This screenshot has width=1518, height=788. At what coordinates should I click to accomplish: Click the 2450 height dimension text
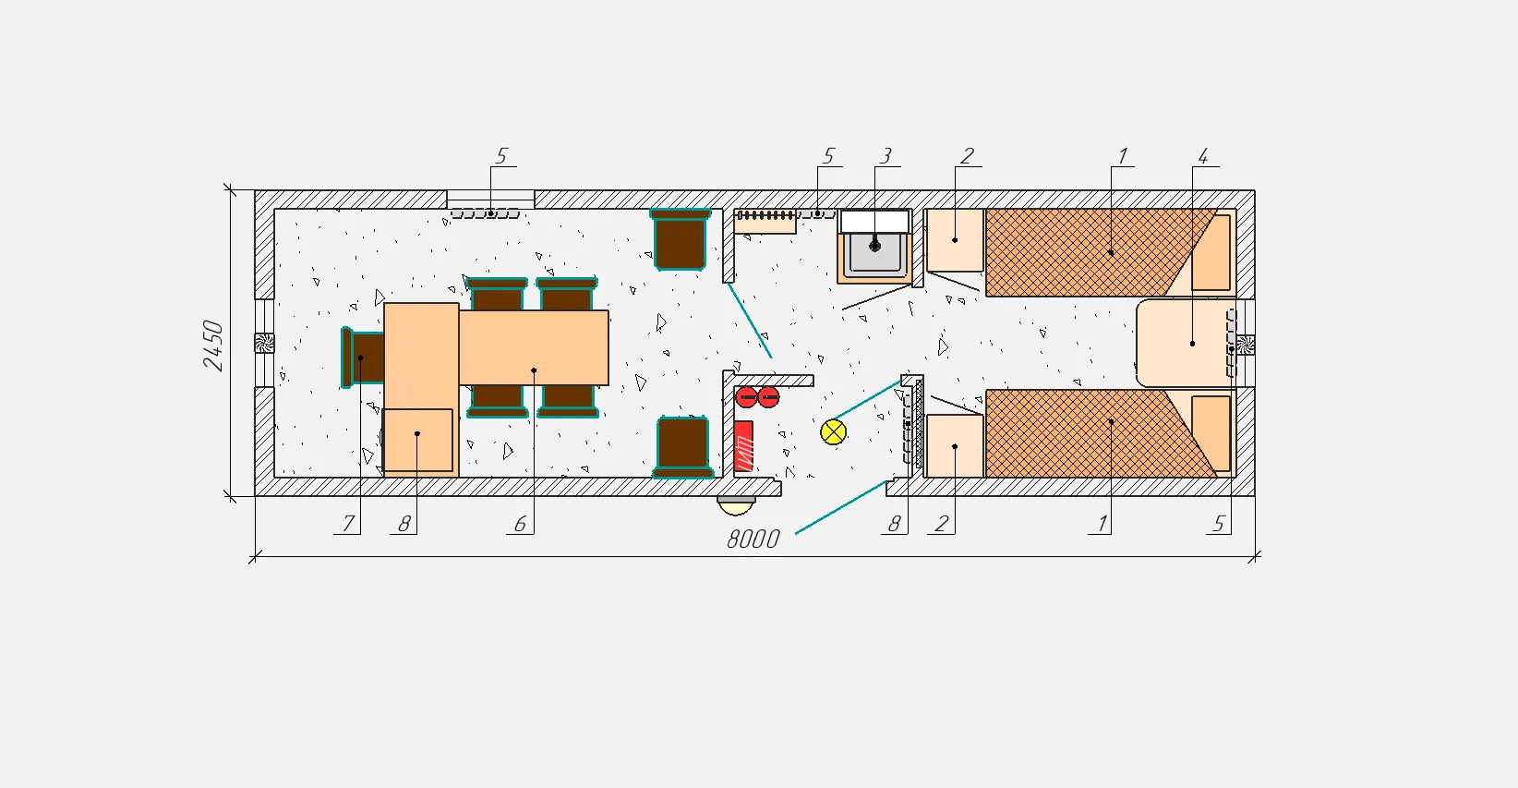point(212,346)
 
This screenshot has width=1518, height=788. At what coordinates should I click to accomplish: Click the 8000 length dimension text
point(753,539)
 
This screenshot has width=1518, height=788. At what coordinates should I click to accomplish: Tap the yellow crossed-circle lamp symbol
point(833,432)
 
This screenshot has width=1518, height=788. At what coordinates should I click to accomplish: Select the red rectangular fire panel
point(743,446)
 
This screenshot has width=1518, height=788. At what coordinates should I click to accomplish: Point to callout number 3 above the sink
point(885,156)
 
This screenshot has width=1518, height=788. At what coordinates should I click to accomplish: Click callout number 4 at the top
point(1203,157)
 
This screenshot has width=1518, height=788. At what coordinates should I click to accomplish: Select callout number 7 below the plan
point(348,524)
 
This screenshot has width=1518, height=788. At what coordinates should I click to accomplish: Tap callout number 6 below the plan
point(520,524)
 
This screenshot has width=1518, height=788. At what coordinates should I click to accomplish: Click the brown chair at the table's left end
point(363,358)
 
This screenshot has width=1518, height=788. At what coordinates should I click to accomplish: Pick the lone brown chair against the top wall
point(681,239)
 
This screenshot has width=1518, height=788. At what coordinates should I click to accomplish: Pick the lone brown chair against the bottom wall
point(682,447)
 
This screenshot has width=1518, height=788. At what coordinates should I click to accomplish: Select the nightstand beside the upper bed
point(955,240)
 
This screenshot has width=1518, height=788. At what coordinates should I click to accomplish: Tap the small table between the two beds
point(1185,344)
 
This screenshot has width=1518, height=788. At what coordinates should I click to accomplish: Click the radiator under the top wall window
point(485,213)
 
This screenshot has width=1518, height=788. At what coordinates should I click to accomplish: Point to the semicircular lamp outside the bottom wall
point(736,505)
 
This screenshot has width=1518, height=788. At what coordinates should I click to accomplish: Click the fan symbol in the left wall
point(264,343)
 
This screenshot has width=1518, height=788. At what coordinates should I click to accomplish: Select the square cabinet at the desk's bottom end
point(417,440)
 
